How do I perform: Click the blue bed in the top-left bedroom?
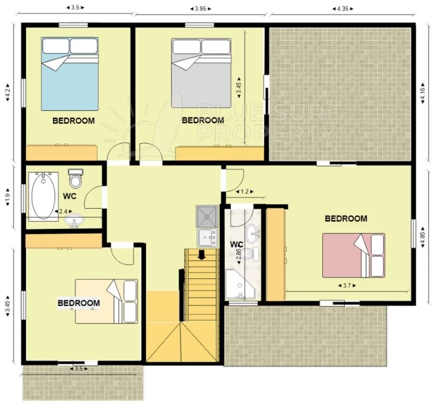pyautogui.click(x=70, y=74)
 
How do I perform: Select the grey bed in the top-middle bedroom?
pyautogui.click(x=201, y=73)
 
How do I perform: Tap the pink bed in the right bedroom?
pyautogui.click(x=354, y=255)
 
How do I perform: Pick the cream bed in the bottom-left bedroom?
pyautogui.click(x=106, y=301)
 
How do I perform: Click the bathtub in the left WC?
pyautogui.click(x=43, y=196)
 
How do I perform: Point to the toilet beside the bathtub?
pyautogui.click(x=75, y=178)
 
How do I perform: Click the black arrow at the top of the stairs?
pyautogui.click(x=202, y=254)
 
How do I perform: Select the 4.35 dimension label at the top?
pyautogui.click(x=343, y=8)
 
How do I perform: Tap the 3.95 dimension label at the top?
pyautogui.click(x=201, y=8)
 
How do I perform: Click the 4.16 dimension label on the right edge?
pyautogui.click(x=423, y=93)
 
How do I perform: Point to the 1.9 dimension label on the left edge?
pyautogui.click(x=8, y=196)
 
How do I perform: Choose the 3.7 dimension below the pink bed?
pyautogui.click(x=347, y=286)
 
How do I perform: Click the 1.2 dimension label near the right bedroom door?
pyautogui.click(x=244, y=192)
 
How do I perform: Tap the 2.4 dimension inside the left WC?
pyautogui.click(x=63, y=211)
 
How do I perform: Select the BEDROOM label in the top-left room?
pyautogui.click(x=73, y=121)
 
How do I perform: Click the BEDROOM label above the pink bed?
pyautogui.click(x=346, y=219)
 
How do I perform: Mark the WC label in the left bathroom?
pyautogui.click(x=70, y=196)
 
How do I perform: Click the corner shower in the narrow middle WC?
pyautogui.click(x=240, y=284)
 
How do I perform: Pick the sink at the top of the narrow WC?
pyautogui.click(x=253, y=233)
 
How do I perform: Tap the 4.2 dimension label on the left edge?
pyautogui.click(x=8, y=92)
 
